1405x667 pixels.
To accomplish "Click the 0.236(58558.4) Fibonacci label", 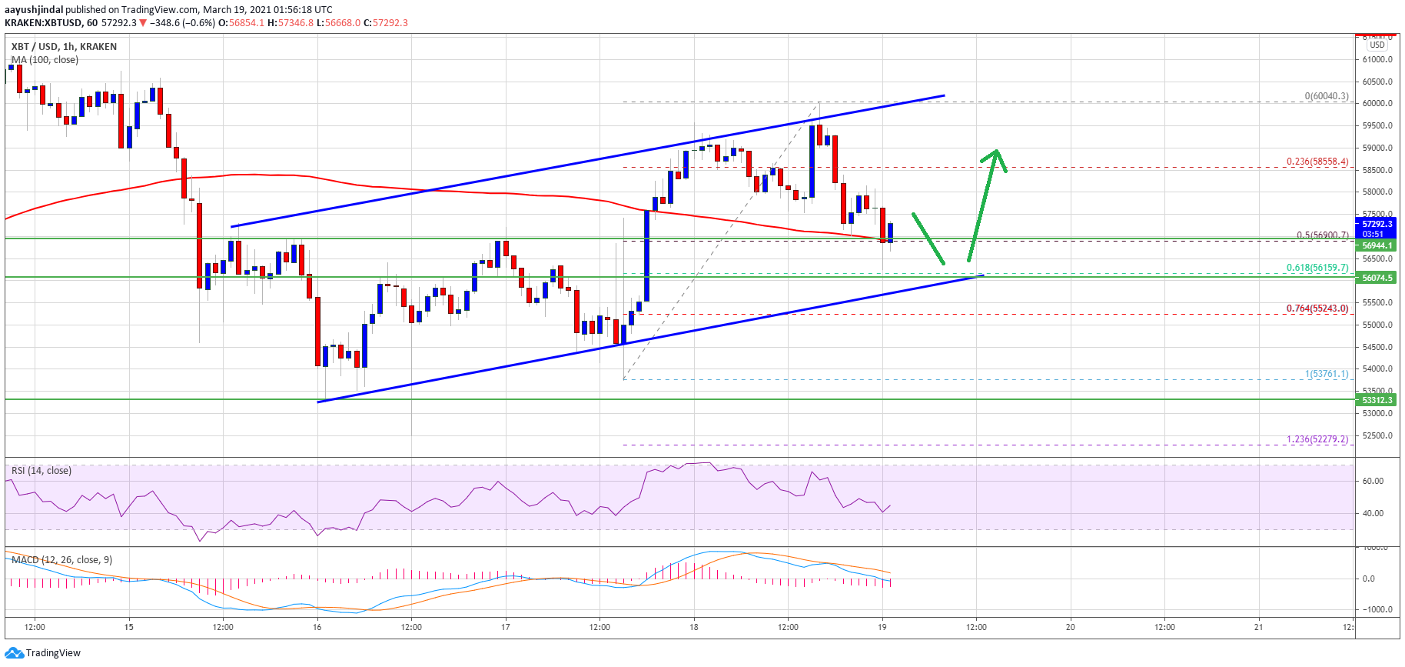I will pyautogui.click(x=1317, y=162).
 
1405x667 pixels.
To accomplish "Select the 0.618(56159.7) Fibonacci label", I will pyautogui.click(x=1317, y=268).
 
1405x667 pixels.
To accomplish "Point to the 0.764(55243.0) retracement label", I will pyautogui.click(x=1317, y=308).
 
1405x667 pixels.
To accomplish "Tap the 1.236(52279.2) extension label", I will pyautogui.click(x=1317, y=439).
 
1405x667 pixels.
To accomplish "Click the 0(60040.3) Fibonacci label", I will pyautogui.click(x=1326, y=96).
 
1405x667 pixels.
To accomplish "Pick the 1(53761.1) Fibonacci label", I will pyautogui.click(x=1326, y=374).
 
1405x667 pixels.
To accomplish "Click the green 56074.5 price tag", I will pyautogui.click(x=1377, y=278).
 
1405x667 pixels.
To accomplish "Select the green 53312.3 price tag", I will pyautogui.click(x=1377, y=400).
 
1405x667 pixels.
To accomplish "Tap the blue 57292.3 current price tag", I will pyautogui.click(x=1377, y=224).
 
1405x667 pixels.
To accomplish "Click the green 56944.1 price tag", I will pyautogui.click(x=1377, y=245).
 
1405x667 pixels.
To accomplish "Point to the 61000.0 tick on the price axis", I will pyautogui.click(x=1377, y=59).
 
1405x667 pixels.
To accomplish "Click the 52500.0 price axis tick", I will pyautogui.click(x=1377, y=435).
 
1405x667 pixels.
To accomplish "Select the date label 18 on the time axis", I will pyautogui.click(x=693, y=627).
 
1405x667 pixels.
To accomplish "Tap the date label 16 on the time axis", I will pyautogui.click(x=317, y=627).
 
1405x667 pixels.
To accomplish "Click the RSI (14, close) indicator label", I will pyautogui.click(x=42, y=471).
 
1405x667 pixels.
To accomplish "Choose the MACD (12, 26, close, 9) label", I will pyautogui.click(x=61, y=560).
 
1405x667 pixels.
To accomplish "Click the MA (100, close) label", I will pyautogui.click(x=45, y=60).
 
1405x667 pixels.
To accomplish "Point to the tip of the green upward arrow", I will pyautogui.click(x=996, y=150).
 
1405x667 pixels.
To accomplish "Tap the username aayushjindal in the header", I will pyautogui.click(x=34, y=10).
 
